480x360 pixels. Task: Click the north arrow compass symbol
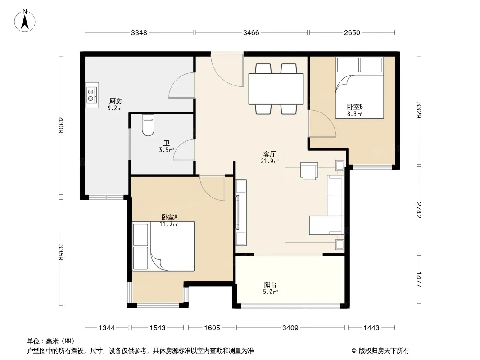click(x=25, y=21)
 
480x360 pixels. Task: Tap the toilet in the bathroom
click(x=148, y=126)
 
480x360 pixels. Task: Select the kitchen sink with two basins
click(x=92, y=95)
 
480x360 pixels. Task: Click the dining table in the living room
click(x=276, y=89)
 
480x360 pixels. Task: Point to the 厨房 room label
click(x=115, y=101)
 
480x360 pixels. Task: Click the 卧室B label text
click(x=355, y=107)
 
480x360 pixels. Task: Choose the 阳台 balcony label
click(x=270, y=285)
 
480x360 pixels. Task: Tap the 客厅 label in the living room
click(x=270, y=154)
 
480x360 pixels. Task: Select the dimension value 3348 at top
click(x=139, y=32)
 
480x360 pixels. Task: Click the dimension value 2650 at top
click(x=352, y=32)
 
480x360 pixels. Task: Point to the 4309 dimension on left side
click(x=61, y=126)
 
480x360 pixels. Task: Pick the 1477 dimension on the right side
click(x=419, y=279)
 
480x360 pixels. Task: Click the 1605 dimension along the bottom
click(x=212, y=328)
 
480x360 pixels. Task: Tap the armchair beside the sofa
click(x=309, y=171)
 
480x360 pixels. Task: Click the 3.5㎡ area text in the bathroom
click(x=167, y=150)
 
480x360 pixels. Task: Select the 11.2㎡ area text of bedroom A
click(x=169, y=224)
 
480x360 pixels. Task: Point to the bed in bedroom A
click(x=163, y=246)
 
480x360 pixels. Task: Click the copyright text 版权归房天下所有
click(x=383, y=351)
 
